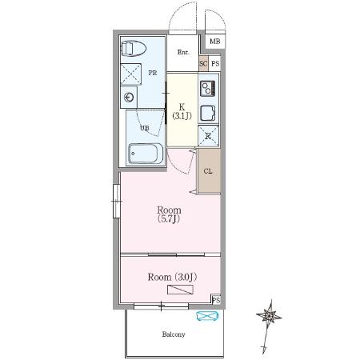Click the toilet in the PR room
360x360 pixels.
[134, 48]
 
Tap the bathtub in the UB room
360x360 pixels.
[146, 154]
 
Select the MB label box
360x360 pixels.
[215, 42]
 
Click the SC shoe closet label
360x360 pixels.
[203, 64]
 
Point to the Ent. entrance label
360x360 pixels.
[183, 52]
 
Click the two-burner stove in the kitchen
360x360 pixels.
[208, 88]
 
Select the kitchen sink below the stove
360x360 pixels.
[208, 114]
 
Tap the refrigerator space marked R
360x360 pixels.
[208, 136]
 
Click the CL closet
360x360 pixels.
[210, 171]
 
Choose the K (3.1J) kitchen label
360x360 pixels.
[182, 111]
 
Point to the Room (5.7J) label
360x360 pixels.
[169, 214]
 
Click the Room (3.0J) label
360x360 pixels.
[172, 277]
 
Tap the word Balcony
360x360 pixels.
[174, 334]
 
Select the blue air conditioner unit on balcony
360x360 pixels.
[207, 316]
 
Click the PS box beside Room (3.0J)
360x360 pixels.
[216, 300]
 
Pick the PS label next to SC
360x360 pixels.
[215, 64]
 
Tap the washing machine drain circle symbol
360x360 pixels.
[129, 98]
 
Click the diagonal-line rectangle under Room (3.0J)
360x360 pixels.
[180, 290]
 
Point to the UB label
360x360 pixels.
[145, 128]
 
